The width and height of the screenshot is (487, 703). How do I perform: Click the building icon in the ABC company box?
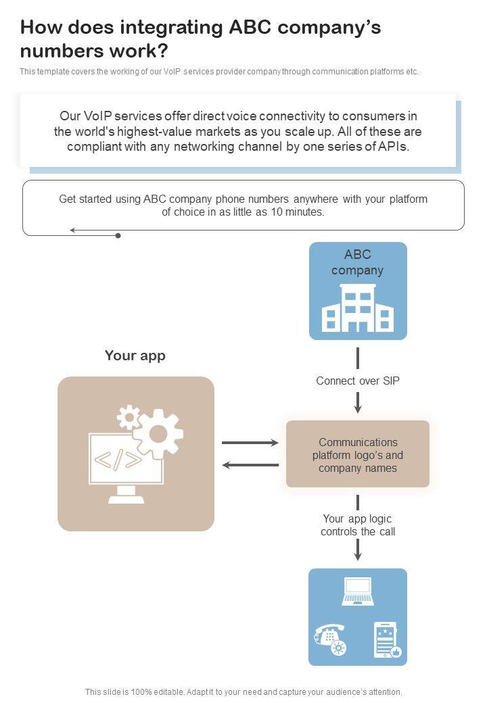pos(358,308)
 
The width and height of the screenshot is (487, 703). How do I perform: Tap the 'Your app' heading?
pos(135,356)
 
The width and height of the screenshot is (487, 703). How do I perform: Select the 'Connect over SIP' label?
pos(358,381)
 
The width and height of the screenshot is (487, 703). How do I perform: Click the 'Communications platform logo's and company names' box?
pos(358,455)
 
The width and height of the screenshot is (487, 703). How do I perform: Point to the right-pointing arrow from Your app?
pos(250,443)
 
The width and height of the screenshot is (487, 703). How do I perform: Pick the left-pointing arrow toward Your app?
pos(250,465)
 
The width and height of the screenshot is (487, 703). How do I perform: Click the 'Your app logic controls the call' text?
pos(358,525)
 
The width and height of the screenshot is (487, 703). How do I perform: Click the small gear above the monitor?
pos(128,417)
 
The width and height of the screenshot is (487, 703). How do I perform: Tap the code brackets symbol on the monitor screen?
pos(118,460)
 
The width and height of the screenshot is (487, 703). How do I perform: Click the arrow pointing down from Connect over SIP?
pos(358,403)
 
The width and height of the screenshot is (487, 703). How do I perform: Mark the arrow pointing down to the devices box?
pos(358,550)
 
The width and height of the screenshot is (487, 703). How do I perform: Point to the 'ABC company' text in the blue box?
pos(358,262)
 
